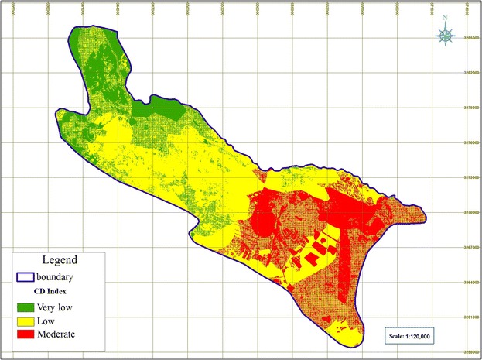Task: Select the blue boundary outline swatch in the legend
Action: click(29, 276)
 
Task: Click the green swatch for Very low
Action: click(29, 307)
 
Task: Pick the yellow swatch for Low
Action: click(29, 321)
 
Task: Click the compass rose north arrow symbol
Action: click(446, 35)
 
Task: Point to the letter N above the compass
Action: click(446, 19)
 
